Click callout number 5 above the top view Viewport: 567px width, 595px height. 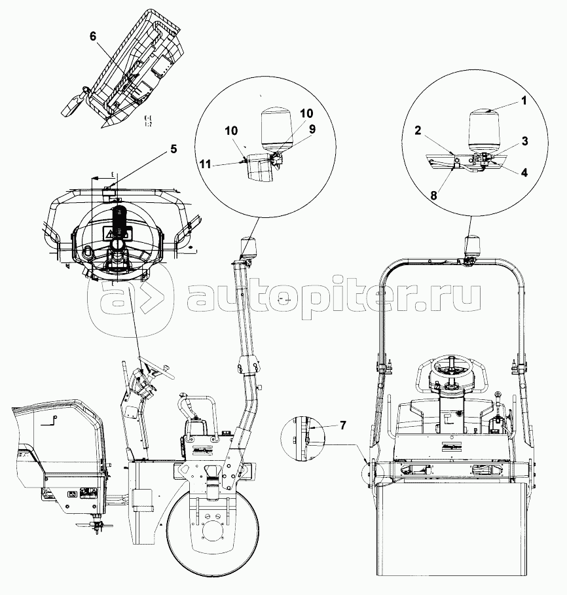173,149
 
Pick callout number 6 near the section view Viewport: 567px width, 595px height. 92,37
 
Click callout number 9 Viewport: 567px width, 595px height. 312,129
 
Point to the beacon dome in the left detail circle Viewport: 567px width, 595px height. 275,128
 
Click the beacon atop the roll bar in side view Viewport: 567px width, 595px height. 249,247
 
